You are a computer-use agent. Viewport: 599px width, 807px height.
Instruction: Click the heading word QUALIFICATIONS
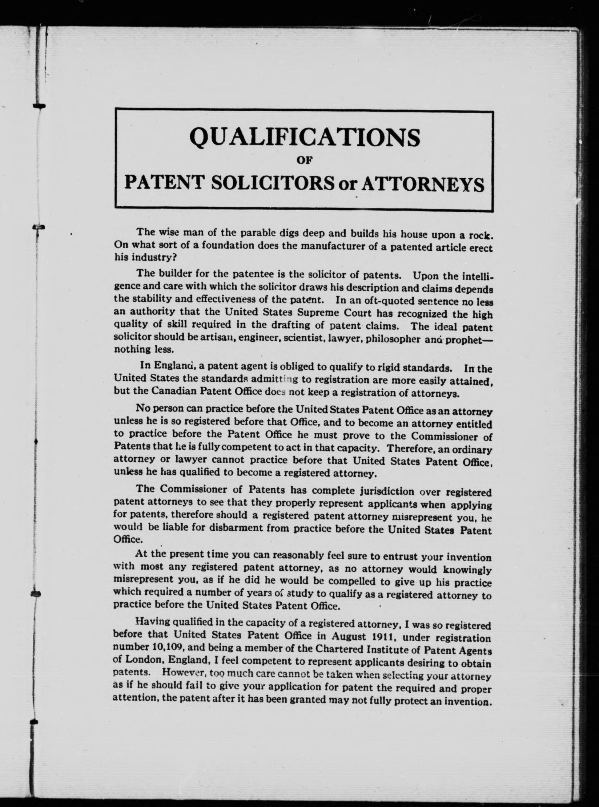304,137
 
